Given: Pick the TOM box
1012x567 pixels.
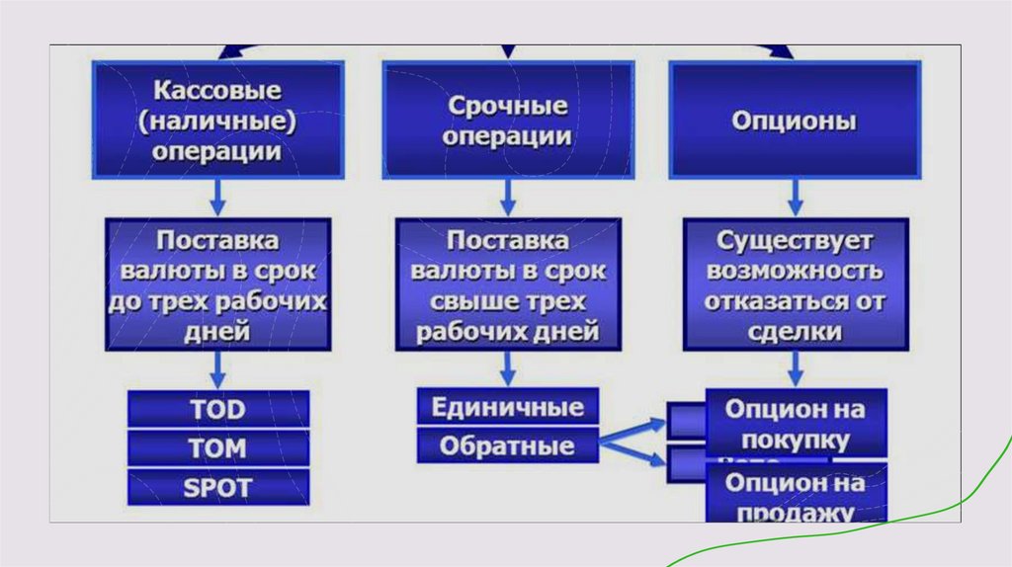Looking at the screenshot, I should tap(217, 448).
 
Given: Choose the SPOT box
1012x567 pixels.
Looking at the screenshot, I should tap(217, 487).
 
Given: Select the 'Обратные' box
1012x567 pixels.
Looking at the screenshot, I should tap(507, 445).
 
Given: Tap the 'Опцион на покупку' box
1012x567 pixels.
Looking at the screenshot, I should tap(796, 424).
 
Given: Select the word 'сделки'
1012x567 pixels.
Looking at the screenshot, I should tap(796, 332).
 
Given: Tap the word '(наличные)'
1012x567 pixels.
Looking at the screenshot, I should tap(217, 121).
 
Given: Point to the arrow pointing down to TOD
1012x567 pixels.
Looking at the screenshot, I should tap(217, 369).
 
